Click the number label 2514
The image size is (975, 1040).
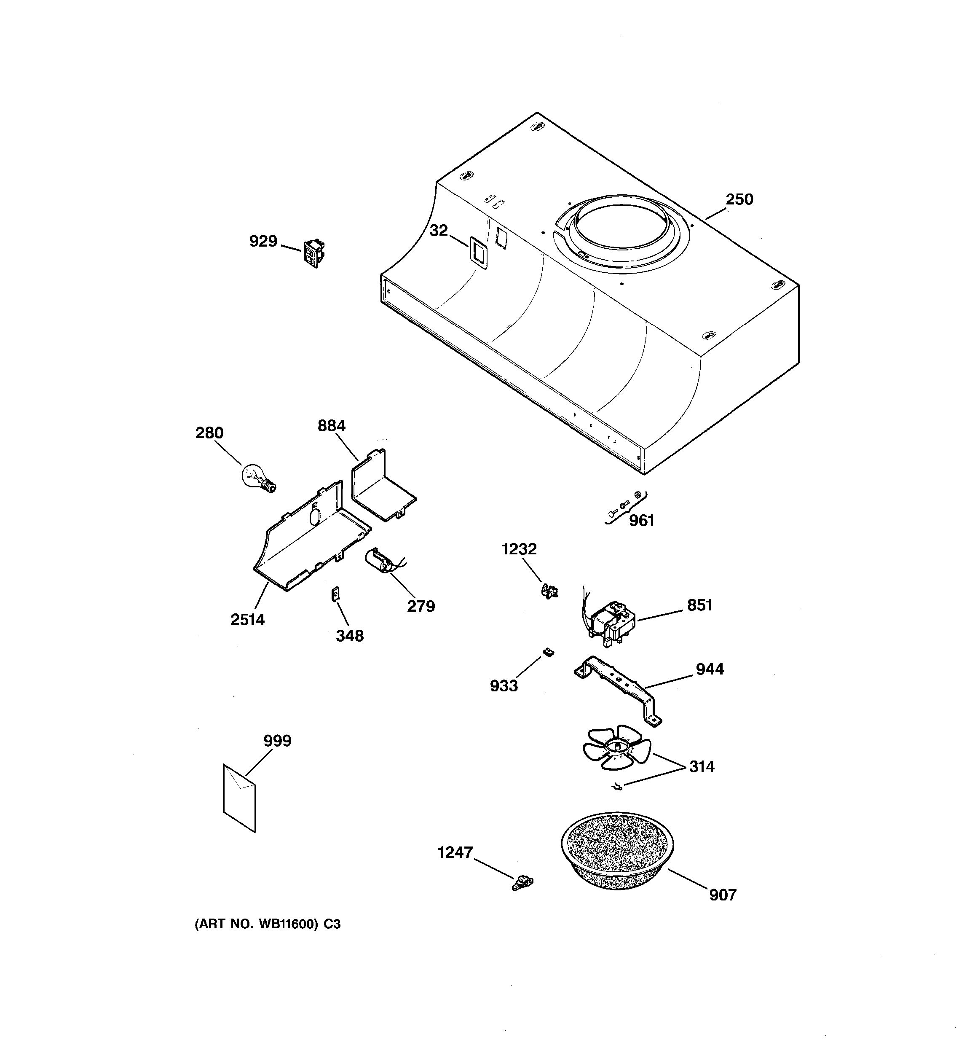247,619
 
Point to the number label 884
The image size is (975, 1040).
332,426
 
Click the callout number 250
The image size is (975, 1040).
739,199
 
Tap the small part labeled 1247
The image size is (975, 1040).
522,884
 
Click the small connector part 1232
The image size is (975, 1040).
549,592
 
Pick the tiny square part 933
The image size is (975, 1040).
548,652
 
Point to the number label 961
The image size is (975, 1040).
641,521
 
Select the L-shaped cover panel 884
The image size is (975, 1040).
382,486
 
